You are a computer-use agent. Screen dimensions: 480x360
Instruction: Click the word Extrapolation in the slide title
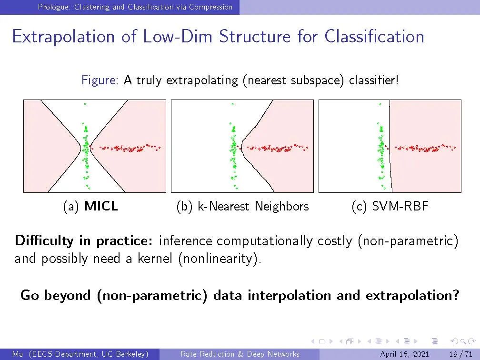tap(63, 36)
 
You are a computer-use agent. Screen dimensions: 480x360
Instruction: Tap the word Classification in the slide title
tap(374, 36)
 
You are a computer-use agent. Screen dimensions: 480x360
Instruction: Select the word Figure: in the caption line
tap(100, 80)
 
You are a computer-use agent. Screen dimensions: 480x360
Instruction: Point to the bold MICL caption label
tap(101, 206)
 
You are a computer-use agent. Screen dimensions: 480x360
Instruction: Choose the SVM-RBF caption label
tap(400, 206)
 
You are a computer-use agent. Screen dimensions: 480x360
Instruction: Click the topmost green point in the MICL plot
tap(85, 104)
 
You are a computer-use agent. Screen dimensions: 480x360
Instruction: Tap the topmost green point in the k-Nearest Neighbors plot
tap(233, 104)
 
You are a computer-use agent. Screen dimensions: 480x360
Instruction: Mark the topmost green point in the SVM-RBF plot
tap(380, 104)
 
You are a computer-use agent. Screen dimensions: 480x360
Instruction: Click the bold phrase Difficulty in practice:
tap(84, 240)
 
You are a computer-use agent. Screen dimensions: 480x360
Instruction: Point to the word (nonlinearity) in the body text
tap(220, 259)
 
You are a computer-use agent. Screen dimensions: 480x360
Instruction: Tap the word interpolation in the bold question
tap(290, 295)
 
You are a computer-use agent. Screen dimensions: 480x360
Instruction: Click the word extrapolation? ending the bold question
tap(413, 295)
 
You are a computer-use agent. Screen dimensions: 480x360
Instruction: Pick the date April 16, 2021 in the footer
tap(404, 354)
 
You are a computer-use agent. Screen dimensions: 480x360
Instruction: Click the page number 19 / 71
tap(461, 354)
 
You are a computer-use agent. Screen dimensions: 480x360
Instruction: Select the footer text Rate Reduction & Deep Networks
tap(240, 354)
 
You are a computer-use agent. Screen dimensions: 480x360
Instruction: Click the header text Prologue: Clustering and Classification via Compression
tap(135, 7)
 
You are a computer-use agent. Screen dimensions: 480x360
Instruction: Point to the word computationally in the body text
tap(264, 241)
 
